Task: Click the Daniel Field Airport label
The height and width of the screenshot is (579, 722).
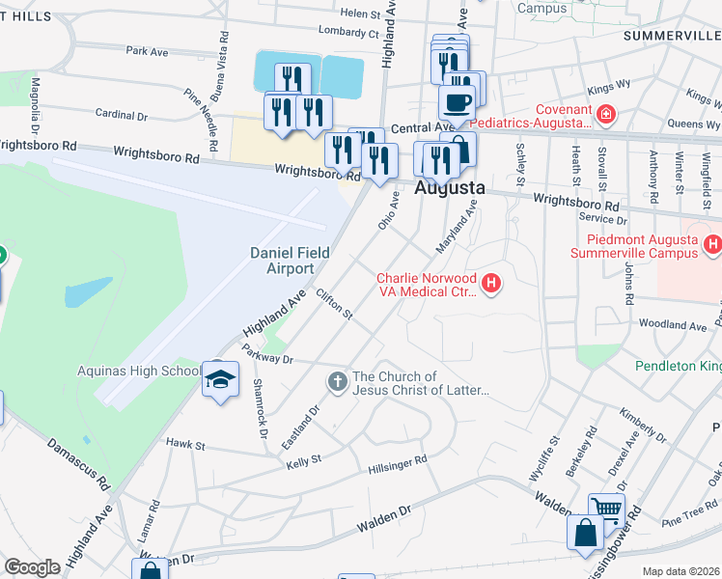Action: tap(290, 261)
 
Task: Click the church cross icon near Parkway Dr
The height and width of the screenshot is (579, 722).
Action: tap(338, 382)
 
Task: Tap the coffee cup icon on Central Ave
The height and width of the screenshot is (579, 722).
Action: tap(457, 101)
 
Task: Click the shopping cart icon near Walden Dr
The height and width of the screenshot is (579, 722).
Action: tap(607, 509)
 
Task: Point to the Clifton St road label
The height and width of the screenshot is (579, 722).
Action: tap(335, 304)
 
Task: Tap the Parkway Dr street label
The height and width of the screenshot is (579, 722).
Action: tap(267, 354)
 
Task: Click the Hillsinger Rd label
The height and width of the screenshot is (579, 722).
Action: tap(397, 464)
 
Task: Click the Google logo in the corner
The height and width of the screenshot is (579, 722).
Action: tap(33, 567)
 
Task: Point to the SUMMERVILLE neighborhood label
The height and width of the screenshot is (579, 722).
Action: tap(672, 36)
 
